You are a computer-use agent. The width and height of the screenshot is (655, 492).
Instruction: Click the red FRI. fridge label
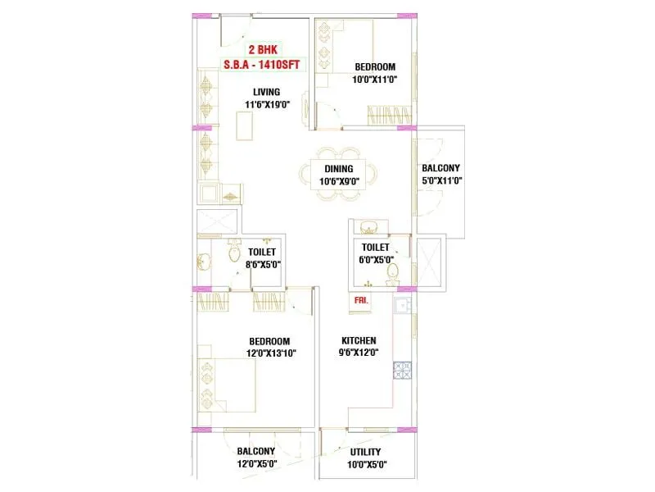coord(360,300)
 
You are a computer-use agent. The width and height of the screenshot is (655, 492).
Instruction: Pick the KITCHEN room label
coord(358,340)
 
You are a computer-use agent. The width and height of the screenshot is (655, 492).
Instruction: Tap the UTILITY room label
coord(365,452)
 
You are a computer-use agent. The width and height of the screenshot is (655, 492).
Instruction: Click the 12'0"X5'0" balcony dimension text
coord(256,463)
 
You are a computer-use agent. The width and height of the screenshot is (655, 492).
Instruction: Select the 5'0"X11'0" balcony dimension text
coord(442,180)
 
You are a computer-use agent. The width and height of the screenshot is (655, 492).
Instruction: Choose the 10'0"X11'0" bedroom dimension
coord(374,80)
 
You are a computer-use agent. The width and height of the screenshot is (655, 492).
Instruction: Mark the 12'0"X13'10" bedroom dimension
coord(269,353)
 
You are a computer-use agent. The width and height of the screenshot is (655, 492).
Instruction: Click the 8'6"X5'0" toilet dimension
coord(264,264)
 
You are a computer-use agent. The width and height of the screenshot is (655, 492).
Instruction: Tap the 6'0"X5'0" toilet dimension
coord(375,259)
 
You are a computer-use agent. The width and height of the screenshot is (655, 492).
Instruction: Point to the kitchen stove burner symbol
coord(402,371)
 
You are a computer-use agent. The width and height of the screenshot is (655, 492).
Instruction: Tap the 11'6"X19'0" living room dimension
coord(267,105)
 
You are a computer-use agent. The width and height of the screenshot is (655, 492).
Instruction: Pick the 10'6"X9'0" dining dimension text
coord(338,181)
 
